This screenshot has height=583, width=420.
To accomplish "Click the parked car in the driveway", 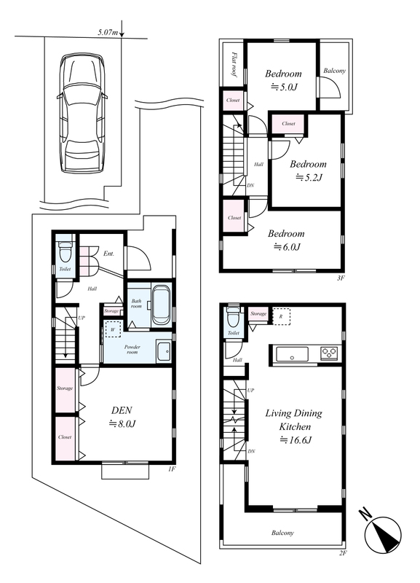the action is [82, 113].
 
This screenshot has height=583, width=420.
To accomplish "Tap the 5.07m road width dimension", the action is [108, 33].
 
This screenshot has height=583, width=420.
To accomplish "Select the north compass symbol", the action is [381, 533].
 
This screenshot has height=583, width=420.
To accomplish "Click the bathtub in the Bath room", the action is [161, 305].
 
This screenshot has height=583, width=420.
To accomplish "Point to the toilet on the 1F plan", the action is [66, 251].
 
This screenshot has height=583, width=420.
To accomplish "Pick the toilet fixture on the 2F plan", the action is [233, 316].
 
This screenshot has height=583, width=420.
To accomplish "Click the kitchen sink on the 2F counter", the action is [292, 353].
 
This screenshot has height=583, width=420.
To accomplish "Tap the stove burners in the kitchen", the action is [330, 353].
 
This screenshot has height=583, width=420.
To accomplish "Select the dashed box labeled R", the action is [282, 316].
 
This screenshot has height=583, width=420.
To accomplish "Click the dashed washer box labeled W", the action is [113, 329].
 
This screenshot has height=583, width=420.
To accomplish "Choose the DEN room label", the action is [122, 410].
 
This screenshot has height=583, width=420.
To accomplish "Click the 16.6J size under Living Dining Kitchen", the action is [296, 440].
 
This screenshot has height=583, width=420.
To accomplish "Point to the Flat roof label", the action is [234, 64].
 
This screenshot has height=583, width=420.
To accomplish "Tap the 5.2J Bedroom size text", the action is [309, 177].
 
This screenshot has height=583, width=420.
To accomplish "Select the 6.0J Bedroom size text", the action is [287, 246].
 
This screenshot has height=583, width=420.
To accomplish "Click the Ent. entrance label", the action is [108, 254].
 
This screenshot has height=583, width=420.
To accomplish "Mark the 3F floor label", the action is [341, 278].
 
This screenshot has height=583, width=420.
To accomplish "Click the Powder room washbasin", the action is [164, 351].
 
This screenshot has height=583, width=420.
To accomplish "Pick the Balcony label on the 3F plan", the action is [334, 71].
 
